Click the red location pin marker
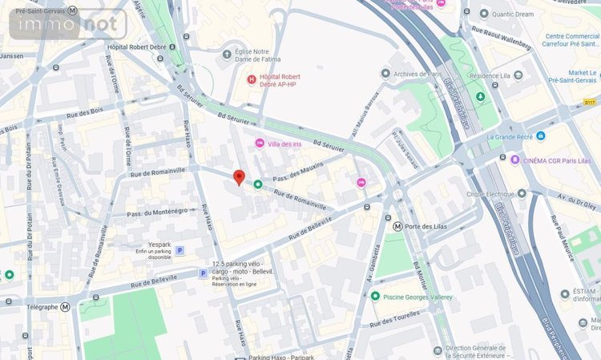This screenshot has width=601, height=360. (238, 177)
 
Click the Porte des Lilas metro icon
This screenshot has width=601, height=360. (397, 226)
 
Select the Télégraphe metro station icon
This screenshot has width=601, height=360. (65, 306)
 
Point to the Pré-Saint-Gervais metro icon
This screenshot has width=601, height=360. (72, 10)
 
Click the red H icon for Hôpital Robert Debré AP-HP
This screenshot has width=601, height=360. (251, 79)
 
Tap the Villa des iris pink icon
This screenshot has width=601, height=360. (259, 143)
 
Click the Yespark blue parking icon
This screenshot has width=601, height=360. (179, 250)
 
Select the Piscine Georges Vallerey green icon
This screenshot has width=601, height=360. (375, 297)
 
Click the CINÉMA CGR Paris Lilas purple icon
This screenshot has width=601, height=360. (514, 160)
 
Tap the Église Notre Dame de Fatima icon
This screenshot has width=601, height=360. (227, 54)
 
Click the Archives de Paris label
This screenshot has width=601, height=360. (419, 74)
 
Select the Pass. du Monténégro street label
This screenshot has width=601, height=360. (157, 211)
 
